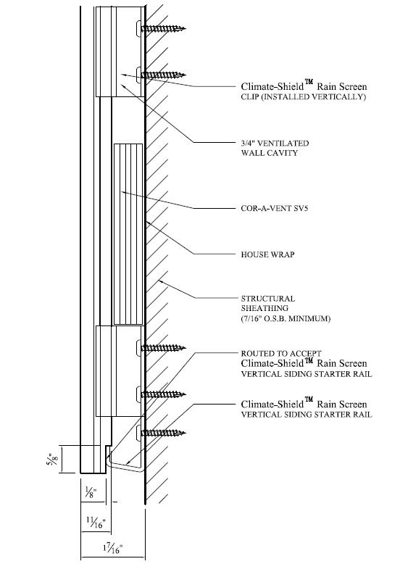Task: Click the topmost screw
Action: coord(164,29)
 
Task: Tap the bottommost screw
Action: coord(164,433)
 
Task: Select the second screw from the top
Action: coord(164,75)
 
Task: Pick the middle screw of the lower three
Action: coord(164,394)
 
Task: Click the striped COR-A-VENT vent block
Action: coord(128,233)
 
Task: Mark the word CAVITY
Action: coord(283,153)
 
